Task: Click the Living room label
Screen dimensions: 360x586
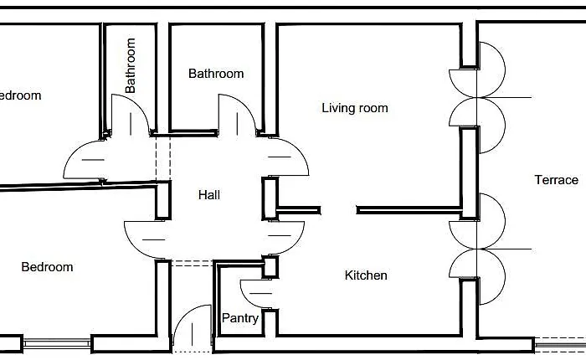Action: [355, 108]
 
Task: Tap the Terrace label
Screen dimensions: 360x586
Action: [557, 180]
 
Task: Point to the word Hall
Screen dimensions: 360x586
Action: [209, 195]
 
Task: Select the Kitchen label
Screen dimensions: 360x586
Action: [366, 275]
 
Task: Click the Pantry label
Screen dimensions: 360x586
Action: [239, 318]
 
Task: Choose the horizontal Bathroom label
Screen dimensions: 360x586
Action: [216, 74]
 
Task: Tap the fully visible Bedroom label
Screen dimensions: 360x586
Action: [47, 267]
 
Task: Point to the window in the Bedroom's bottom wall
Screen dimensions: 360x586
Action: [55, 342]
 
